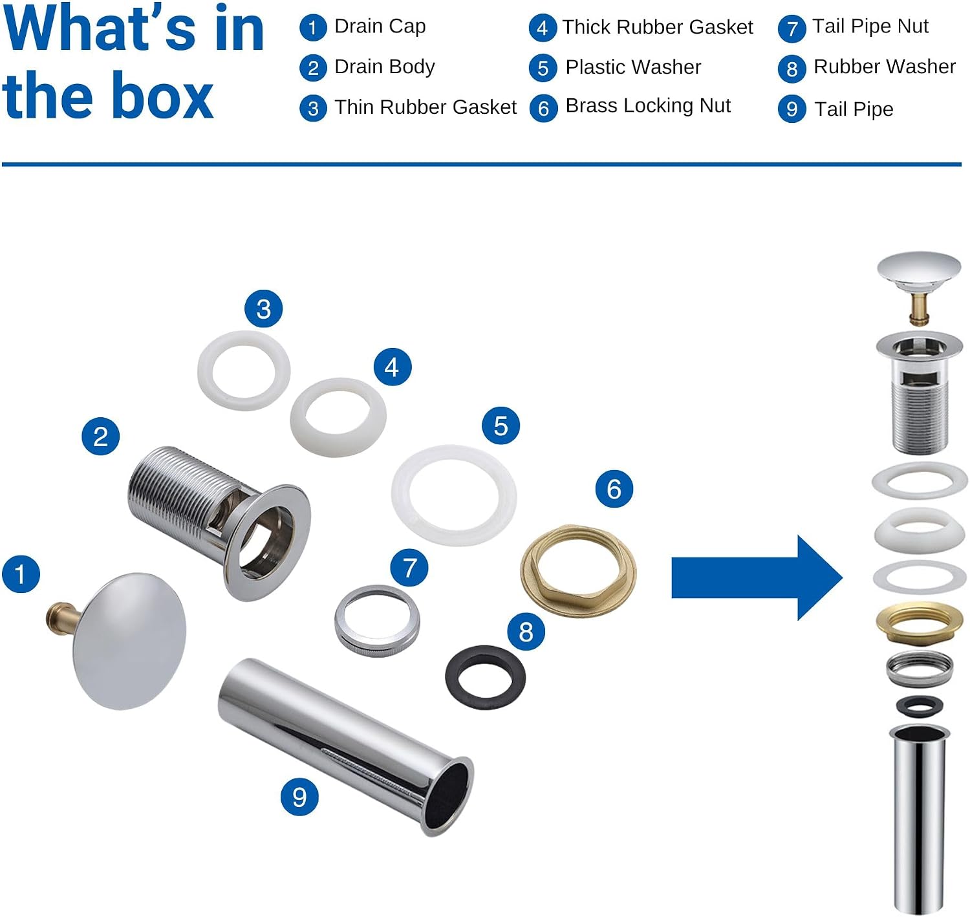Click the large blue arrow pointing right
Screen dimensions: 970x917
757,577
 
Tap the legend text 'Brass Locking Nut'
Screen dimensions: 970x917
648,106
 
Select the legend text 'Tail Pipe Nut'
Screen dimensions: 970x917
870,26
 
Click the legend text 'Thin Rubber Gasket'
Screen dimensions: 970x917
426,107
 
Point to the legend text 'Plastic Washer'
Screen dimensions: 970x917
633,67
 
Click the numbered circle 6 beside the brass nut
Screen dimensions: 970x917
614,489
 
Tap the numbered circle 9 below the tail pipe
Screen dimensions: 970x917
299,797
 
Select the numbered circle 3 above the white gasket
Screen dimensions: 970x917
263,308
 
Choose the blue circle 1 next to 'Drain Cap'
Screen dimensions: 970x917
313,28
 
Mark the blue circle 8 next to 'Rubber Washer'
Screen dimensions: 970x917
792,69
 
